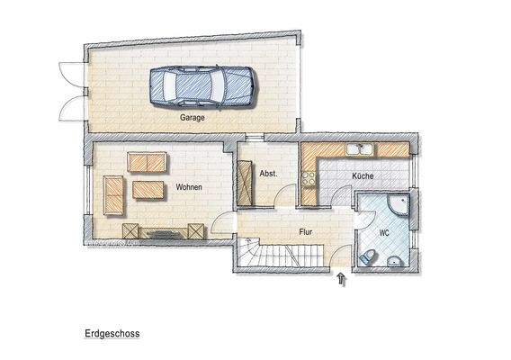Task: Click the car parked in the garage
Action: pyautogui.click(x=200, y=86)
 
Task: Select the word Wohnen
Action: pyautogui.click(x=189, y=187)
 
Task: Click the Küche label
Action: pyautogui.click(x=363, y=176)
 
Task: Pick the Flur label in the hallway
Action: pyautogui.click(x=305, y=231)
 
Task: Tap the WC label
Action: pyautogui.click(x=384, y=233)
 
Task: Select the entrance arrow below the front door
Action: pyautogui.click(x=341, y=279)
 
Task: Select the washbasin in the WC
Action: pyautogui.click(x=395, y=262)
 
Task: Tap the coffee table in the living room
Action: pyautogui.click(x=148, y=190)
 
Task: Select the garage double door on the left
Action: pyautogui.click(x=67, y=92)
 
